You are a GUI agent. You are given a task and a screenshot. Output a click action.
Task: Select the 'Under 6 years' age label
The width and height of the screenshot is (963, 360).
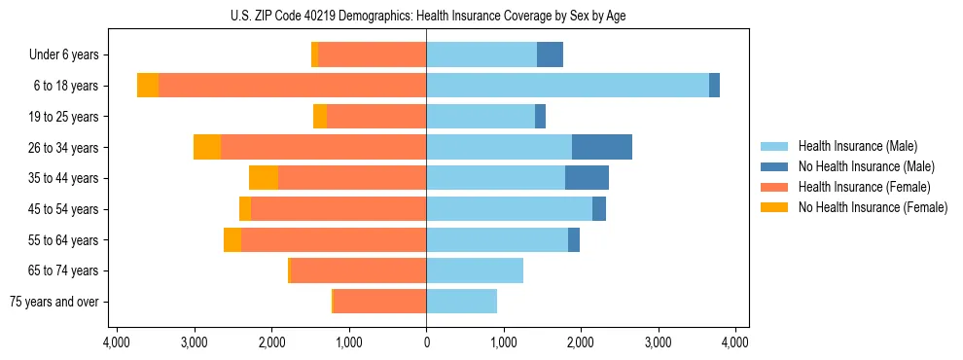[x=70, y=55]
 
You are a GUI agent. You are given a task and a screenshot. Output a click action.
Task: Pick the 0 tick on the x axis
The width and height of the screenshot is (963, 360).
[x=426, y=342]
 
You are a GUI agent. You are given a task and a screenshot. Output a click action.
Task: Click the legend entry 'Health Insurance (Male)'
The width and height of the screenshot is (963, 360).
[x=857, y=146]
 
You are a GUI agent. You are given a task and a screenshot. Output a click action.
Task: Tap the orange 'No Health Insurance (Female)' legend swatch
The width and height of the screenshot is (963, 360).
[x=775, y=207]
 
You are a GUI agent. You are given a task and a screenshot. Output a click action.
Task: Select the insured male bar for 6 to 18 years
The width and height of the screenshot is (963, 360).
[x=567, y=86]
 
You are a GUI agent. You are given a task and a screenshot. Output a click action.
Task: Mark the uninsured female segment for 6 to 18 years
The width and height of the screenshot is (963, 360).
[x=148, y=86]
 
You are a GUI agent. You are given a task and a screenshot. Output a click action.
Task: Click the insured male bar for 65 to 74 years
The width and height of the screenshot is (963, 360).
[x=475, y=270]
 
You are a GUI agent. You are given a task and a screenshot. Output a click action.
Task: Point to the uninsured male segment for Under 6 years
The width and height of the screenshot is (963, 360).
[x=550, y=54]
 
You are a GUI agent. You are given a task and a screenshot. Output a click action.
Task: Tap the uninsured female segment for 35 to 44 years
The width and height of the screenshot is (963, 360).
[x=264, y=178]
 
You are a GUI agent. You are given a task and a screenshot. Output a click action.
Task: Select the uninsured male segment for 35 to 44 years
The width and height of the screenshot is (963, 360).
[x=587, y=178]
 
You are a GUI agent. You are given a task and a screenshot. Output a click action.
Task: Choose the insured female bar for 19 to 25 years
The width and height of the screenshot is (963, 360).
[x=376, y=117]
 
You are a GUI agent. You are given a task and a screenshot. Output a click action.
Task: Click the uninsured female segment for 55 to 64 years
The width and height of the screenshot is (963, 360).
[x=232, y=239]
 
